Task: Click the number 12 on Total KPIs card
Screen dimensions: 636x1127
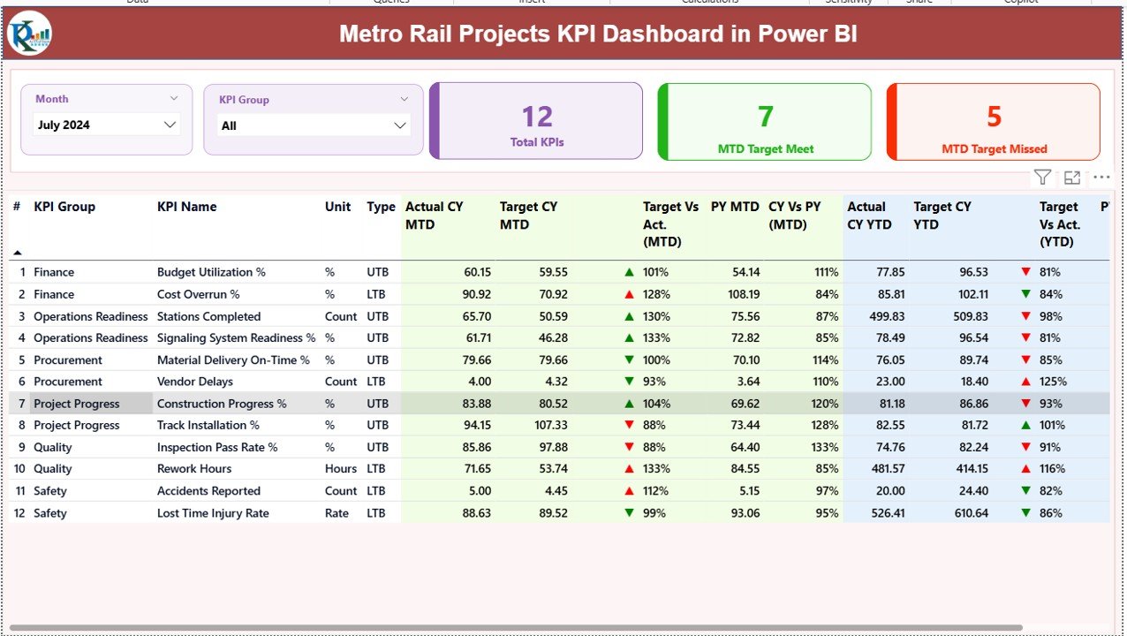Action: [x=536, y=117]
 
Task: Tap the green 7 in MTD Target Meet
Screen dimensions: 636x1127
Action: [x=765, y=117]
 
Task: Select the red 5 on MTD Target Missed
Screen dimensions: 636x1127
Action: [x=994, y=117]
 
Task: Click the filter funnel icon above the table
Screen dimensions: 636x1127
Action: [x=1042, y=178]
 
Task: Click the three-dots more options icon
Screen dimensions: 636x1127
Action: [x=1101, y=178]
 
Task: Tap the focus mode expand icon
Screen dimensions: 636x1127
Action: [x=1071, y=178]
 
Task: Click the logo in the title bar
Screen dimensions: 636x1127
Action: [x=29, y=34]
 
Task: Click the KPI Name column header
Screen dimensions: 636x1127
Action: [x=186, y=207]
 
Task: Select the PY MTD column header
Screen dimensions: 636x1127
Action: [x=734, y=207]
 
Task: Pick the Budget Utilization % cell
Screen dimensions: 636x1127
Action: [x=211, y=272]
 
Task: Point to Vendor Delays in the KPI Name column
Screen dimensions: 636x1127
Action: [x=195, y=382]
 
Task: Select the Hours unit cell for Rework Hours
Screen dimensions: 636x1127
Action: [x=340, y=469]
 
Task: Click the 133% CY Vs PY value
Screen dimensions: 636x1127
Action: [x=826, y=447]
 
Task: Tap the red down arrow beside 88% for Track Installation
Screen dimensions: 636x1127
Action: [x=629, y=425]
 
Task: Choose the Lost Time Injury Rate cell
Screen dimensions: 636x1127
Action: [x=213, y=512]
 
